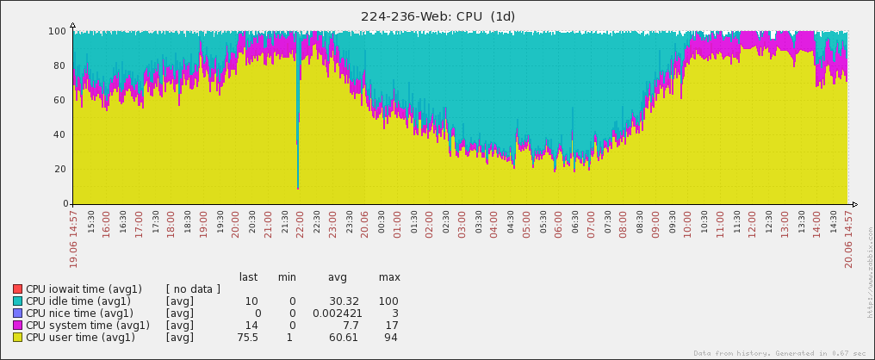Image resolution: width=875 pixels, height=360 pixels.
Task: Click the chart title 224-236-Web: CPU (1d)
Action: pyautogui.click(x=437, y=16)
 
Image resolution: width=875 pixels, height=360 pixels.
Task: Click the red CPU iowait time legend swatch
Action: pyautogui.click(x=17, y=289)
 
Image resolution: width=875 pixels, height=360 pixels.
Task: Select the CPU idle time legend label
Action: pyautogui.click(x=78, y=301)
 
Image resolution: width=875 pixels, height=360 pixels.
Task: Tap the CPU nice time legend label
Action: pyautogui.click(x=79, y=313)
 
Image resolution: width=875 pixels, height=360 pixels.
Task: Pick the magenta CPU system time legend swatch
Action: pyautogui.click(x=17, y=326)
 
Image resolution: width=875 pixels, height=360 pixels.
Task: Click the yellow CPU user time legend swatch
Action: pyautogui.click(x=17, y=338)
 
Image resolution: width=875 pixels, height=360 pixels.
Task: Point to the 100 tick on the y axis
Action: pyautogui.click(x=59, y=31)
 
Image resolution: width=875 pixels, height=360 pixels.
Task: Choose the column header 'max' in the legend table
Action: pyautogui.click(x=389, y=277)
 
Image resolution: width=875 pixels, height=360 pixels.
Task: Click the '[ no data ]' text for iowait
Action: pyautogui.click(x=193, y=289)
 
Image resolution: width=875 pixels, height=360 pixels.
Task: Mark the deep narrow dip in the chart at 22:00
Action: pyautogui.click(x=298, y=172)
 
